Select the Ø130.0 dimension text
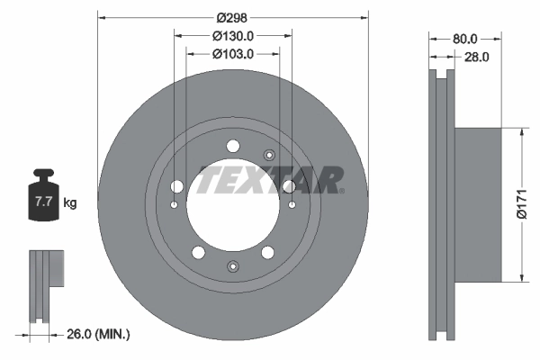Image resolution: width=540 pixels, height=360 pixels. [233, 36]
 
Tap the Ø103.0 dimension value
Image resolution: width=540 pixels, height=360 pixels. [233, 54]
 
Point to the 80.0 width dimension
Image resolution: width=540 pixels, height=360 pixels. [465, 39]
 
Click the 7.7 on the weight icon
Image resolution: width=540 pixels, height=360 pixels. [42, 202]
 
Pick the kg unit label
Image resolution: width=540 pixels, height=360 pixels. [70, 203]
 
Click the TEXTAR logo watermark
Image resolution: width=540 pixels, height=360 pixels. [270, 179]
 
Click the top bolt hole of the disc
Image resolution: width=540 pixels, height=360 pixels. [233, 146]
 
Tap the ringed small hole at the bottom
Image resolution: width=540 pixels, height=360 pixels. [233, 265]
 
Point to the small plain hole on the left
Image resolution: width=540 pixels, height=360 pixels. [174, 205]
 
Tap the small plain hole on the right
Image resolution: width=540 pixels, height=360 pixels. [292, 205]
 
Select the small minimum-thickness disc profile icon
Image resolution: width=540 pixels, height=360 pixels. [44, 284]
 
